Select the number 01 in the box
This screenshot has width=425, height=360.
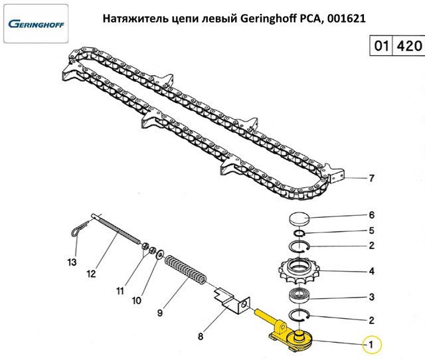381,47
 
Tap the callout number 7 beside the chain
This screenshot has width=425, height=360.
372,178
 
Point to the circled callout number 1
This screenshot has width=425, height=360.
372,345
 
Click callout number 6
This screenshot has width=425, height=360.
372,215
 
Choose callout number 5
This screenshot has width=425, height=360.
372,230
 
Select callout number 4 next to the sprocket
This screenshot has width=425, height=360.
372,271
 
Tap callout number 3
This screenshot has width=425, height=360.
372,296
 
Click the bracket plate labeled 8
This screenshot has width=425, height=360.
229,298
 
